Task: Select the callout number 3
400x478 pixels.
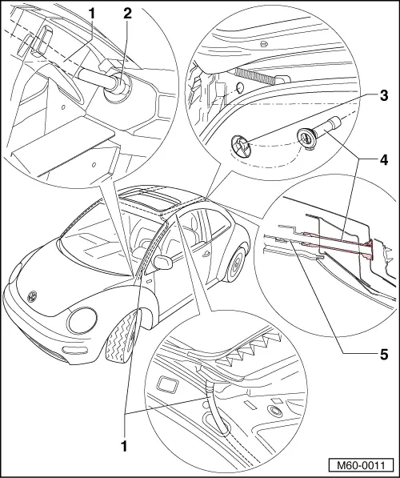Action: pyautogui.click(x=385, y=97)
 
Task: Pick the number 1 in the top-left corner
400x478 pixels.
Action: pyautogui.click(x=92, y=13)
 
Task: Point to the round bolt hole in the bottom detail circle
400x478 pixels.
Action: pyautogui.click(x=276, y=411)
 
